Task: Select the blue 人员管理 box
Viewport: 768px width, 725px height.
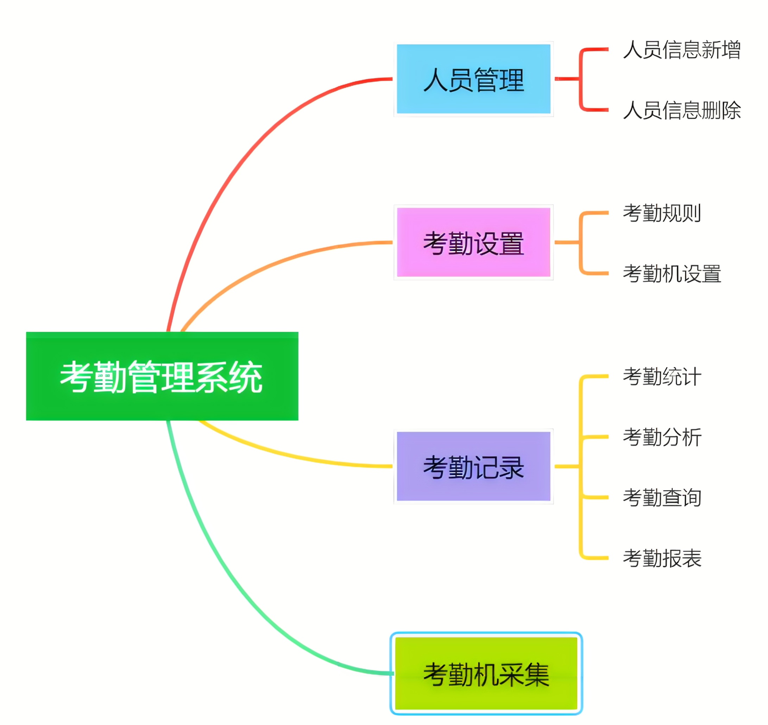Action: click(473, 79)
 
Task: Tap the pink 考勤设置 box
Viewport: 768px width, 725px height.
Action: click(473, 242)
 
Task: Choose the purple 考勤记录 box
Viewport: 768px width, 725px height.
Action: click(473, 466)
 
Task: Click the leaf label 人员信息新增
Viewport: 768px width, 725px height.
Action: click(681, 50)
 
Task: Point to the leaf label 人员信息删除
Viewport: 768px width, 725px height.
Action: click(681, 110)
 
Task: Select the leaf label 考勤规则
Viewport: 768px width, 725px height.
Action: click(662, 213)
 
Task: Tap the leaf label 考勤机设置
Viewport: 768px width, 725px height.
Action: click(672, 274)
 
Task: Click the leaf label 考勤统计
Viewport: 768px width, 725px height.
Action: click(662, 377)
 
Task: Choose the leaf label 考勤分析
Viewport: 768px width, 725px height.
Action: click(662, 437)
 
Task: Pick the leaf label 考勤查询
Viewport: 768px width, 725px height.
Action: click(662, 498)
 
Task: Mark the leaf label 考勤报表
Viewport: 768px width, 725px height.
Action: click(662, 558)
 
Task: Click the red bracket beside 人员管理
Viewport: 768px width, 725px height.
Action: click(580, 79)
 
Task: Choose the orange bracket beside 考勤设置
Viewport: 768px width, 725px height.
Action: click(580, 242)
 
